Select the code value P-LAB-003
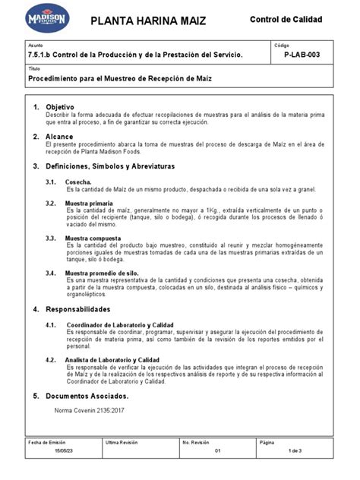click(302, 56)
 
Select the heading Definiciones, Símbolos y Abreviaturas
click(110, 166)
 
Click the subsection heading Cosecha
click(79, 182)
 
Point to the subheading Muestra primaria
click(89, 204)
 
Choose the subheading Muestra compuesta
click(92, 237)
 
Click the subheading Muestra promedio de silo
click(102, 272)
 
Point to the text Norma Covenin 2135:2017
click(90, 410)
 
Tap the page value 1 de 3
click(294, 451)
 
